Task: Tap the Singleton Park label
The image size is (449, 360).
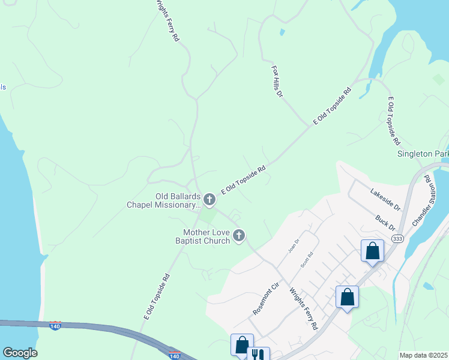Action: [x=423, y=154]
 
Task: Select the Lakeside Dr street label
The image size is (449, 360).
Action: [x=385, y=199]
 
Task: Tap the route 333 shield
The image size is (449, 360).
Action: [x=397, y=239]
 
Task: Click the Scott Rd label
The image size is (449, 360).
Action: [x=307, y=259]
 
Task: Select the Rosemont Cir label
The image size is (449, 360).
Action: [x=266, y=299]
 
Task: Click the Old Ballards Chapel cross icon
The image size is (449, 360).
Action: [x=209, y=199]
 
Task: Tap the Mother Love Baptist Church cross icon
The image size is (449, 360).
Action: [x=239, y=235]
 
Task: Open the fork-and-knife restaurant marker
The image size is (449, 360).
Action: [x=258, y=356]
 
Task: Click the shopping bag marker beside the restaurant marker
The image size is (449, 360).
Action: [x=241, y=345]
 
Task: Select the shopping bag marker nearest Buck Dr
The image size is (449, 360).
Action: [x=372, y=250]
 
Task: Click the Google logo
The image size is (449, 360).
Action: [x=20, y=353]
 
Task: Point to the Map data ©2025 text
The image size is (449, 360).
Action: [x=424, y=355]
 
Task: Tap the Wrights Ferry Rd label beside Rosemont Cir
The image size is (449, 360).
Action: [x=303, y=308]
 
